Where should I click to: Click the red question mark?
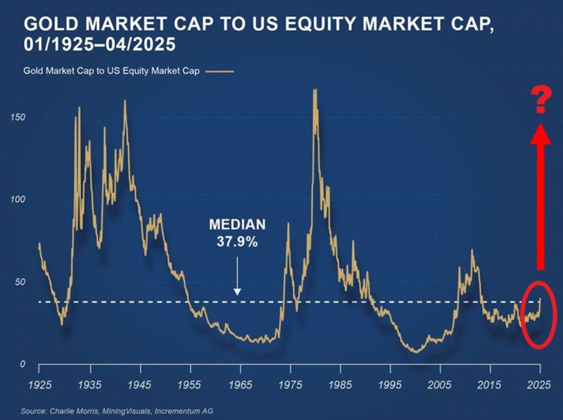(x=540, y=99)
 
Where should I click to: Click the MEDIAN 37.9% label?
(x=237, y=234)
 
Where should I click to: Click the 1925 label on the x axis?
(x=39, y=386)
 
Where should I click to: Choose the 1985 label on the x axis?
(x=340, y=386)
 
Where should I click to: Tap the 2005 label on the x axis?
(x=440, y=386)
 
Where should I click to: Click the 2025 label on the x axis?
(x=540, y=386)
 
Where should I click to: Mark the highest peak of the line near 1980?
(x=315, y=89)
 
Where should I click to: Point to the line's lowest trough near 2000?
(x=417, y=351)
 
